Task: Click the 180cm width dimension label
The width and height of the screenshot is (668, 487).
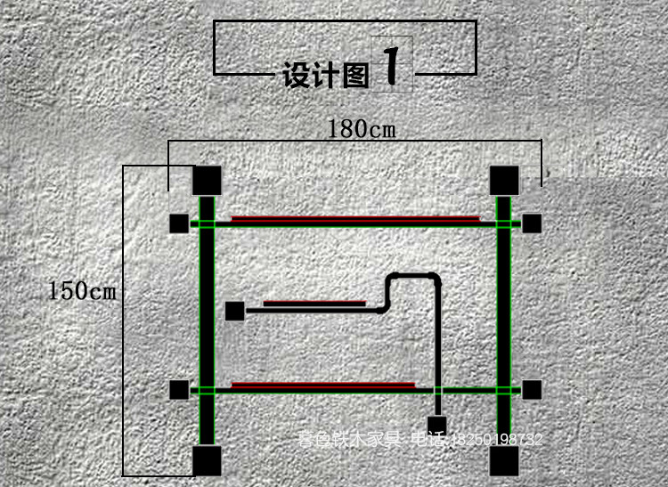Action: [x=362, y=129]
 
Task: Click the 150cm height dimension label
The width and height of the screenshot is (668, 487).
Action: [x=82, y=291]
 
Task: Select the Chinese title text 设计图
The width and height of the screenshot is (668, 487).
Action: [x=325, y=76]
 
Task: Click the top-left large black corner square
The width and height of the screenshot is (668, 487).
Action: [x=207, y=181]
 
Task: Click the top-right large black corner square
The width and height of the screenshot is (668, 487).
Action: [x=504, y=181]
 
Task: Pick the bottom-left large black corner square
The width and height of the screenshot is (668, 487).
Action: [x=207, y=460]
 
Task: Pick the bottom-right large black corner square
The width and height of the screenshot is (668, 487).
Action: [x=504, y=460]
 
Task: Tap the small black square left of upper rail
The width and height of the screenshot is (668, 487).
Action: [x=180, y=223]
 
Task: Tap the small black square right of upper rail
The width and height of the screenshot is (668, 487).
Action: [x=532, y=223]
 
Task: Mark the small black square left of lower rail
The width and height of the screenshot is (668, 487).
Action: [x=180, y=389]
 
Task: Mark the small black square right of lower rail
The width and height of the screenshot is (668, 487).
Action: [x=532, y=389]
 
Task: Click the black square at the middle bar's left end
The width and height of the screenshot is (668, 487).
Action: [x=234, y=311]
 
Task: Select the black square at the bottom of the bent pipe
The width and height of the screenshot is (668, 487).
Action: [x=436, y=424]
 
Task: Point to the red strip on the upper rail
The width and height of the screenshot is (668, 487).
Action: [x=354, y=217]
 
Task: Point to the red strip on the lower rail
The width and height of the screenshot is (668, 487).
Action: [x=323, y=385]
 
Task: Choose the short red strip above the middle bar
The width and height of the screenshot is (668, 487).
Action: [x=314, y=303]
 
